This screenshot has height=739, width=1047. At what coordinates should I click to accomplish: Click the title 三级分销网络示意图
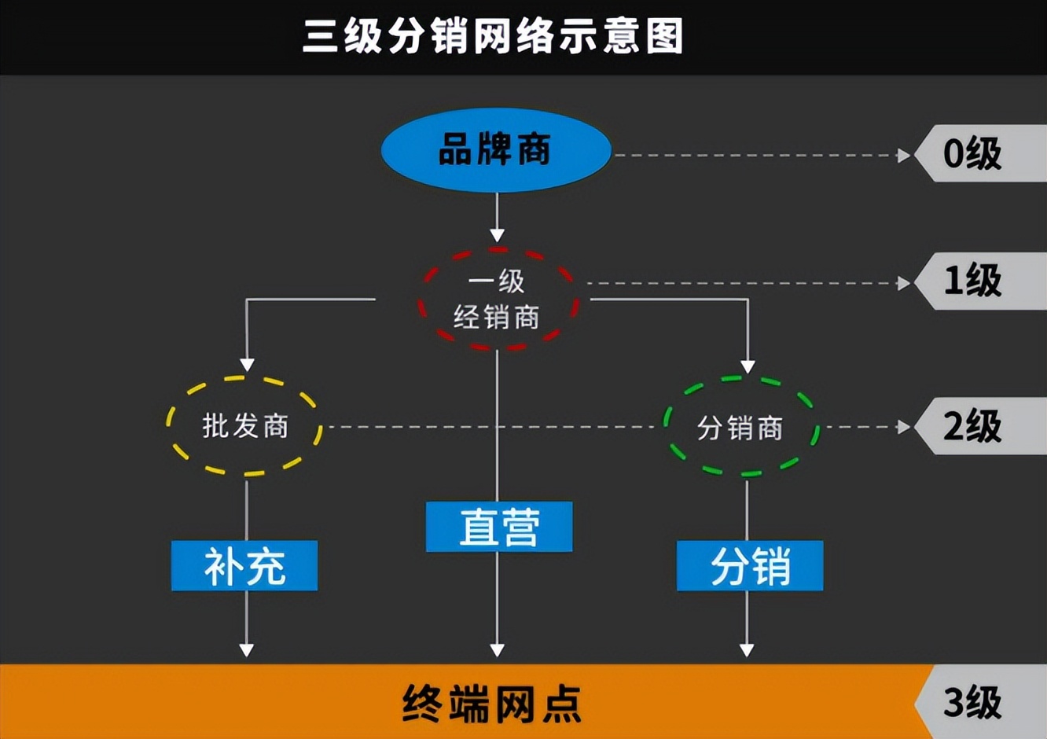[x=493, y=37]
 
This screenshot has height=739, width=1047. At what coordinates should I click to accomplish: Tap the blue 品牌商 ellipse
[x=496, y=150]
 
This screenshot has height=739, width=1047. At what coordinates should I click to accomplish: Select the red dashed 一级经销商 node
[x=497, y=300]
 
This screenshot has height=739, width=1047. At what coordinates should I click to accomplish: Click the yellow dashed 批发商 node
[x=245, y=426]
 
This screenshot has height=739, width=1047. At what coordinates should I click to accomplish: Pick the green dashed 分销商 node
[x=740, y=428]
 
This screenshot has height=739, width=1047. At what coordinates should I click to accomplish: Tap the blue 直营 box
[x=499, y=527]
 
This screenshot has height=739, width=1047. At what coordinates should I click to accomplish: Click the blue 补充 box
[x=244, y=566]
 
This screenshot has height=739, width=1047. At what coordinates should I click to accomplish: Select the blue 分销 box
[x=750, y=566]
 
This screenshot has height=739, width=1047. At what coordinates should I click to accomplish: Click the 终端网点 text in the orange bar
[x=492, y=703]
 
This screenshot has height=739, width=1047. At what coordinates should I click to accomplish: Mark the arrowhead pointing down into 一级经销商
[x=497, y=235]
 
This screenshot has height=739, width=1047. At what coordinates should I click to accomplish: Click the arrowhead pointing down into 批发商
[x=247, y=365]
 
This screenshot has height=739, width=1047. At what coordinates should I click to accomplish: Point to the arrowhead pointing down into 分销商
[x=748, y=366]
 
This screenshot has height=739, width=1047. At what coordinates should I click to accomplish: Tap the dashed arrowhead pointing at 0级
[x=904, y=155]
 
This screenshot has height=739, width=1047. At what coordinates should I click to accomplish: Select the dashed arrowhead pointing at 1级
[x=904, y=283]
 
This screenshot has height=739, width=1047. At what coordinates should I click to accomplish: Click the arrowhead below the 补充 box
[x=246, y=650]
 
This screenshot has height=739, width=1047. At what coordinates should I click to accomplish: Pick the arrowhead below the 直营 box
[x=497, y=650]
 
